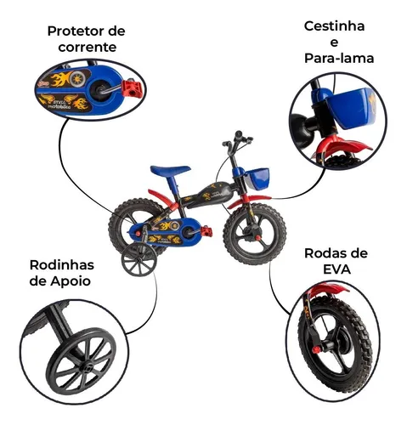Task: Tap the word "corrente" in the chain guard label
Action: (88, 48)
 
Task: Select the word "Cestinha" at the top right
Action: (334, 26)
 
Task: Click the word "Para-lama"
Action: (339, 58)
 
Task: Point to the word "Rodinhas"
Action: (62, 265)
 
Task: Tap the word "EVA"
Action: (336, 269)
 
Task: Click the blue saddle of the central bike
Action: (170, 170)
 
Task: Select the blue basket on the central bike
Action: (257, 178)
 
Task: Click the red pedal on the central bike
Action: (206, 231)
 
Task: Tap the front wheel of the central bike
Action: (255, 234)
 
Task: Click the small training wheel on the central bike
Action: (138, 259)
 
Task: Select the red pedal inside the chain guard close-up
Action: (131, 88)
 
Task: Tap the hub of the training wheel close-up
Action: (87, 368)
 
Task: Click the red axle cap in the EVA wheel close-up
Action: (316, 349)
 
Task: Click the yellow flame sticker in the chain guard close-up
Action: (61, 78)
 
